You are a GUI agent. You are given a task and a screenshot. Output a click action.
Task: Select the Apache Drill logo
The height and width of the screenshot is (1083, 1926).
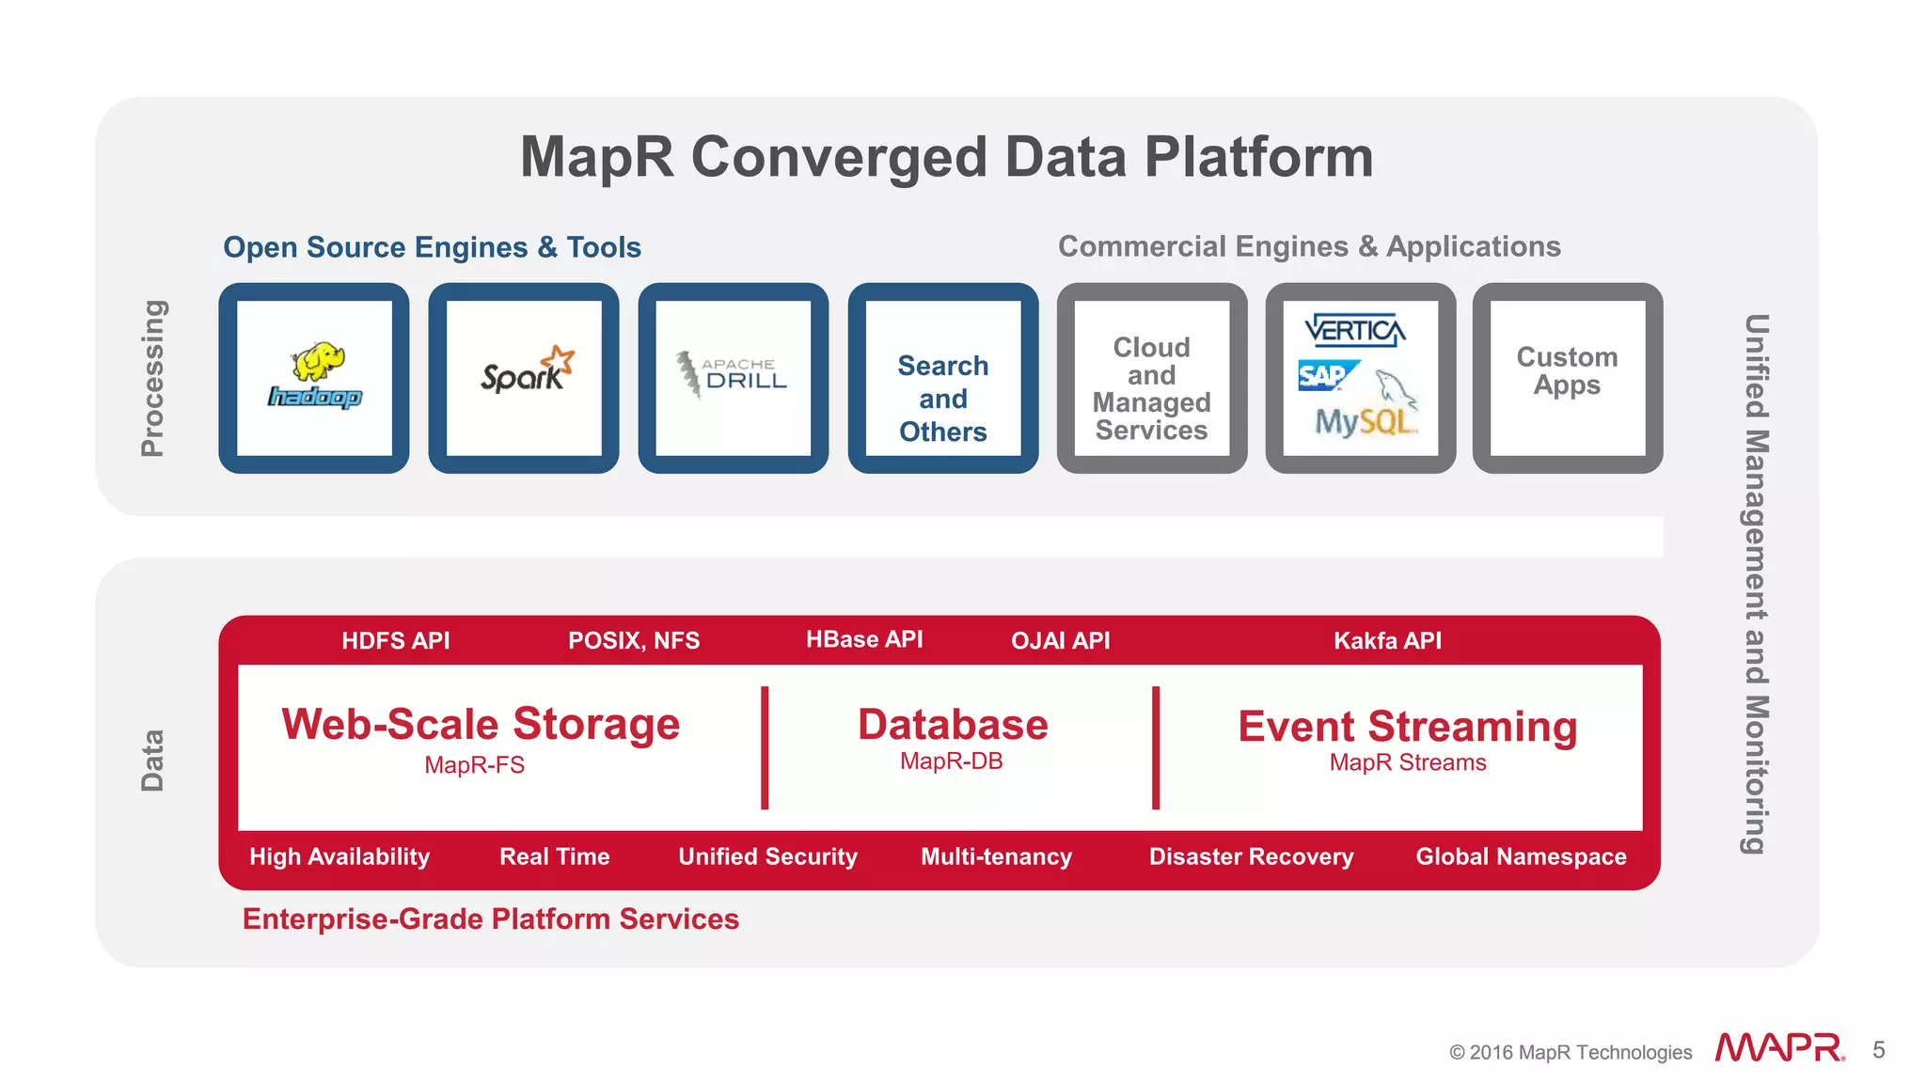(x=733, y=374)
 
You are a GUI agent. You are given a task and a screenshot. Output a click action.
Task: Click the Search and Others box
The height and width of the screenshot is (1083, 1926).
(x=943, y=398)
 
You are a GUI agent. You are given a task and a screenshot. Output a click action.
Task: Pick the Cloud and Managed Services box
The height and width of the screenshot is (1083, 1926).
(x=1151, y=388)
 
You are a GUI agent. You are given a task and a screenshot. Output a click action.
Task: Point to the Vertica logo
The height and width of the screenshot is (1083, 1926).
(x=1355, y=331)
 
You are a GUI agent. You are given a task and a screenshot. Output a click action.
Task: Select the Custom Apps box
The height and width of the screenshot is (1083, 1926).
(x=1567, y=371)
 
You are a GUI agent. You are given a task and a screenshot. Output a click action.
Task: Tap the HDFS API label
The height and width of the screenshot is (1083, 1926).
(x=395, y=641)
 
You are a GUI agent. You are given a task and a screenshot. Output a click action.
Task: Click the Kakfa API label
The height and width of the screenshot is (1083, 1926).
(x=1387, y=641)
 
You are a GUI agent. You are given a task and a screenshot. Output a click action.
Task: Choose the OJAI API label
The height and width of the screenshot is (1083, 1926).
(x=1060, y=641)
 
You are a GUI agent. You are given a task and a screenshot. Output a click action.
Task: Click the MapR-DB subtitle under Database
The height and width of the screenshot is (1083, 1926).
(x=951, y=761)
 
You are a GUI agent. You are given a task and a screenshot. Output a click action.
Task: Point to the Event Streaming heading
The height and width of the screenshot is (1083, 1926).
(x=1407, y=727)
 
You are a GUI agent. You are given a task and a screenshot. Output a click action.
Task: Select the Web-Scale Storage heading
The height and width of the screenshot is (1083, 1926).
(x=481, y=724)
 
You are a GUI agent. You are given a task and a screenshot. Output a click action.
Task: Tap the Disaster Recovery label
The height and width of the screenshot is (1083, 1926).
(x=1251, y=856)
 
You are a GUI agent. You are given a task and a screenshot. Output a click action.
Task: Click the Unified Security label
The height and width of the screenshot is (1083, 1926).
(x=767, y=856)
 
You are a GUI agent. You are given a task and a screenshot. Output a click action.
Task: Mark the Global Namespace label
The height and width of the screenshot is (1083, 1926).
(x=1521, y=856)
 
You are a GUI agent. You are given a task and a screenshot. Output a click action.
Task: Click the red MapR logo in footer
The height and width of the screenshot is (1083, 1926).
(x=1778, y=1048)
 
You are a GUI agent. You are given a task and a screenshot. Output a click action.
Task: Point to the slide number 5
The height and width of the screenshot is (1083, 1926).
(x=1878, y=1050)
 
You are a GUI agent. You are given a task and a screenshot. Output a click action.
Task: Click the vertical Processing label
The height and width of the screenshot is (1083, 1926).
(x=152, y=378)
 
